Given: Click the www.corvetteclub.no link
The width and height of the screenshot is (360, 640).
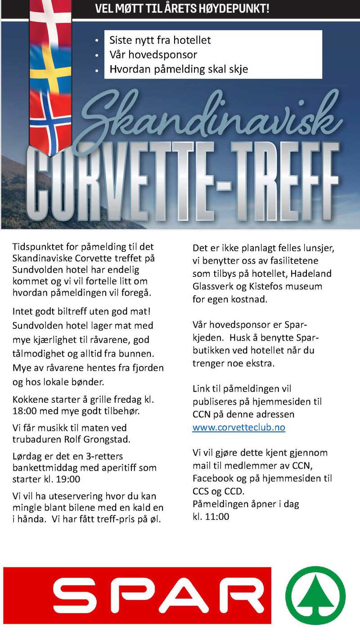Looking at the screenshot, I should (238, 428).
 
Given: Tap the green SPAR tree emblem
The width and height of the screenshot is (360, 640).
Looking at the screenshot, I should (315, 595).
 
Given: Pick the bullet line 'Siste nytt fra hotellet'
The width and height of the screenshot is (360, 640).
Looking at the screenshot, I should (160, 40).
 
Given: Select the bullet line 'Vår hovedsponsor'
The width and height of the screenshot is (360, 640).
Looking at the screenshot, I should (153, 55).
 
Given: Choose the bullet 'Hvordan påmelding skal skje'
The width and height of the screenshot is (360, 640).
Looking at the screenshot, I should (179, 70).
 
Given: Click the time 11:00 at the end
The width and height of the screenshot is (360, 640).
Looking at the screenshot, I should (217, 517).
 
